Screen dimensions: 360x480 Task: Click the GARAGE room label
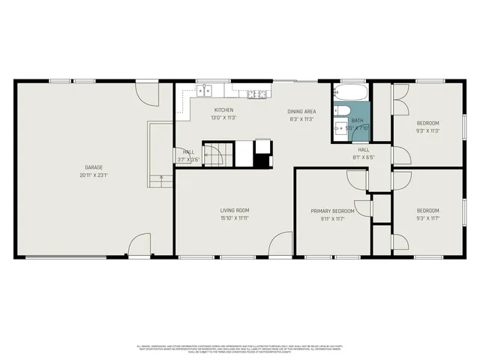coord(93,167)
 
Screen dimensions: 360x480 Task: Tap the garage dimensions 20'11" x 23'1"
coord(93,175)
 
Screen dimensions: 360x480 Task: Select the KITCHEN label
coord(224,110)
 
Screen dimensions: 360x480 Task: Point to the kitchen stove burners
coord(257,94)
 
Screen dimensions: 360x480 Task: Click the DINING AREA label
coord(301,111)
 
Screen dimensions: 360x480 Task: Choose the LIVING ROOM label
coord(234,210)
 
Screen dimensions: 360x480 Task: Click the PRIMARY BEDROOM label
coord(332,211)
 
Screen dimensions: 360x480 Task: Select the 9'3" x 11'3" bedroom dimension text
coord(427,130)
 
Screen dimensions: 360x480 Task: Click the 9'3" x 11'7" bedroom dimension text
coord(427,218)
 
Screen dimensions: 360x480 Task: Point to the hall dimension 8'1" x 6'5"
coord(363,157)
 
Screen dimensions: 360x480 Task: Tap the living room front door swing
coord(281,244)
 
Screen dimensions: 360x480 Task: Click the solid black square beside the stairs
coord(263,160)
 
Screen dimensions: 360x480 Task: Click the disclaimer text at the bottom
coord(240,348)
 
